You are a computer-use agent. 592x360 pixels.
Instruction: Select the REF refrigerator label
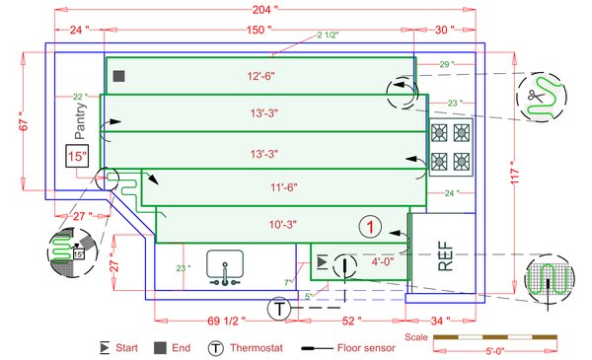tap(445, 255)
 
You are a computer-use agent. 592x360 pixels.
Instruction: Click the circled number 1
tap(369, 227)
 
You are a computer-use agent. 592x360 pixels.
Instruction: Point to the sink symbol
tap(226, 267)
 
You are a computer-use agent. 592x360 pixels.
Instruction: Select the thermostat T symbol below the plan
tap(279, 309)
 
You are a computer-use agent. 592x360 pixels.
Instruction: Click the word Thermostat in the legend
tap(258, 347)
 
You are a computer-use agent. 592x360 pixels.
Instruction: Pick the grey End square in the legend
tap(159, 347)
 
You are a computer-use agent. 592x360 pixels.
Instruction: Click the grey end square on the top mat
tap(117, 76)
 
